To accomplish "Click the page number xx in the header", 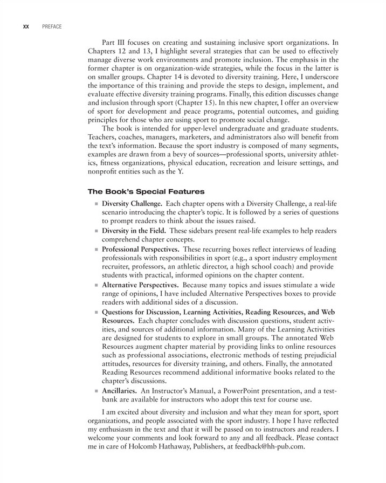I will click(x=25, y=27).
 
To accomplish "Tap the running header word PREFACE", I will click(x=51, y=27).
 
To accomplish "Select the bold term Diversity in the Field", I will click(x=133, y=231).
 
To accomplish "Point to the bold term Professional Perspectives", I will click(x=141, y=250).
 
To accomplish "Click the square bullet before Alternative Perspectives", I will click(x=96, y=284).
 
